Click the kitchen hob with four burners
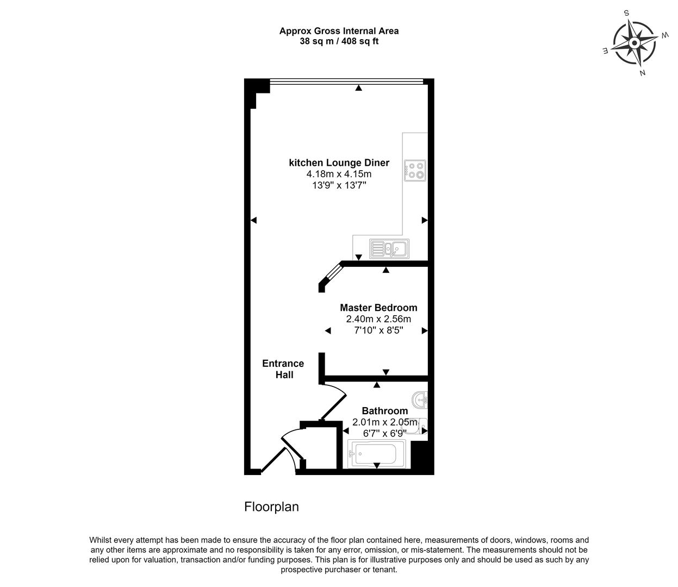(x=415, y=171)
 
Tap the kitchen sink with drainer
(x=389, y=248)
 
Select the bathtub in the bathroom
(x=377, y=454)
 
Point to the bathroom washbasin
(x=420, y=399)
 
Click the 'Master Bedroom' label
(x=378, y=308)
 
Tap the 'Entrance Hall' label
(x=283, y=369)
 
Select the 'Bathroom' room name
(x=385, y=410)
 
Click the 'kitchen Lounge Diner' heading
(x=339, y=163)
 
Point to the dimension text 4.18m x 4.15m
(x=339, y=174)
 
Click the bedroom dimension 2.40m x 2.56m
(x=378, y=319)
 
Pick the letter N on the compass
(x=643, y=73)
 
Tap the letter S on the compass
(x=626, y=13)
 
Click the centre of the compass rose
(x=635, y=43)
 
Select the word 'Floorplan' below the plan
(x=272, y=507)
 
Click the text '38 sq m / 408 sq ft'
(x=339, y=41)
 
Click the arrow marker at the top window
(x=358, y=88)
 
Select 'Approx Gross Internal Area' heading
(x=339, y=31)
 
